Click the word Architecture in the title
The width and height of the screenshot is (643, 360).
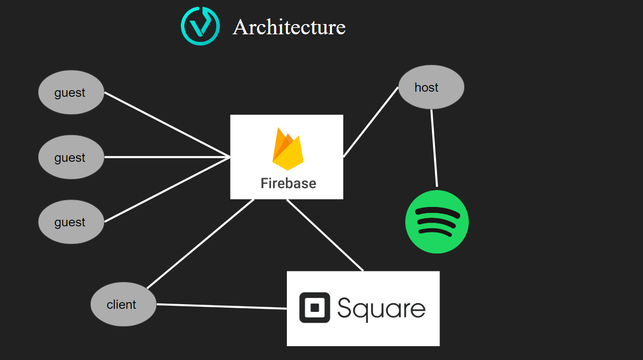[x=289, y=27]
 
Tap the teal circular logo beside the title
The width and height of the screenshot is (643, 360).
[x=200, y=26]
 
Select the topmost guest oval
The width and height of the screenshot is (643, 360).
[x=71, y=93]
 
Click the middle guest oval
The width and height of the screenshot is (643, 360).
[x=71, y=157]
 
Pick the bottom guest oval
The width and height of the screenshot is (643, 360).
[x=71, y=222]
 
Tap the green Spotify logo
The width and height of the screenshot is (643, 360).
[x=437, y=222]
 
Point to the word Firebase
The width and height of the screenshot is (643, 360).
[x=288, y=183]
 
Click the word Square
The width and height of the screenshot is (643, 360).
[x=381, y=308]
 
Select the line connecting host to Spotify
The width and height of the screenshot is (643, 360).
[x=434, y=149]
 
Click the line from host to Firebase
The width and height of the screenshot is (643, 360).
[x=370, y=122]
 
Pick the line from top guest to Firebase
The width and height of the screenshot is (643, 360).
[x=167, y=124]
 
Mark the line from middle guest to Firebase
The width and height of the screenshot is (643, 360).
[x=167, y=157]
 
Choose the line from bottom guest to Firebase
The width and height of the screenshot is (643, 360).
[x=167, y=189]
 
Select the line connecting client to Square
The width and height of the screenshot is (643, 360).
[x=221, y=306]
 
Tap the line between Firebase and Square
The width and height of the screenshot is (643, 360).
[x=325, y=235]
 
